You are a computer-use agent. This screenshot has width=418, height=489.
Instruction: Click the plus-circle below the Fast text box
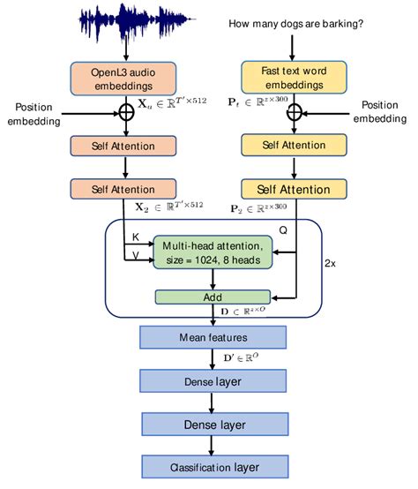click(x=294, y=112)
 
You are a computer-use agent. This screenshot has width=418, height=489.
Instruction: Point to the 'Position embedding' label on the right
click(x=380, y=112)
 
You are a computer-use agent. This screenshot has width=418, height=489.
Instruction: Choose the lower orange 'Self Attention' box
click(x=123, y=189)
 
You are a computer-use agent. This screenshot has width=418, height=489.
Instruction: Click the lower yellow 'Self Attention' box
click(x=294, y=189)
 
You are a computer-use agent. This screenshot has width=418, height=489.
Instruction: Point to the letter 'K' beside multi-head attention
click(x=134, y=237)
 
